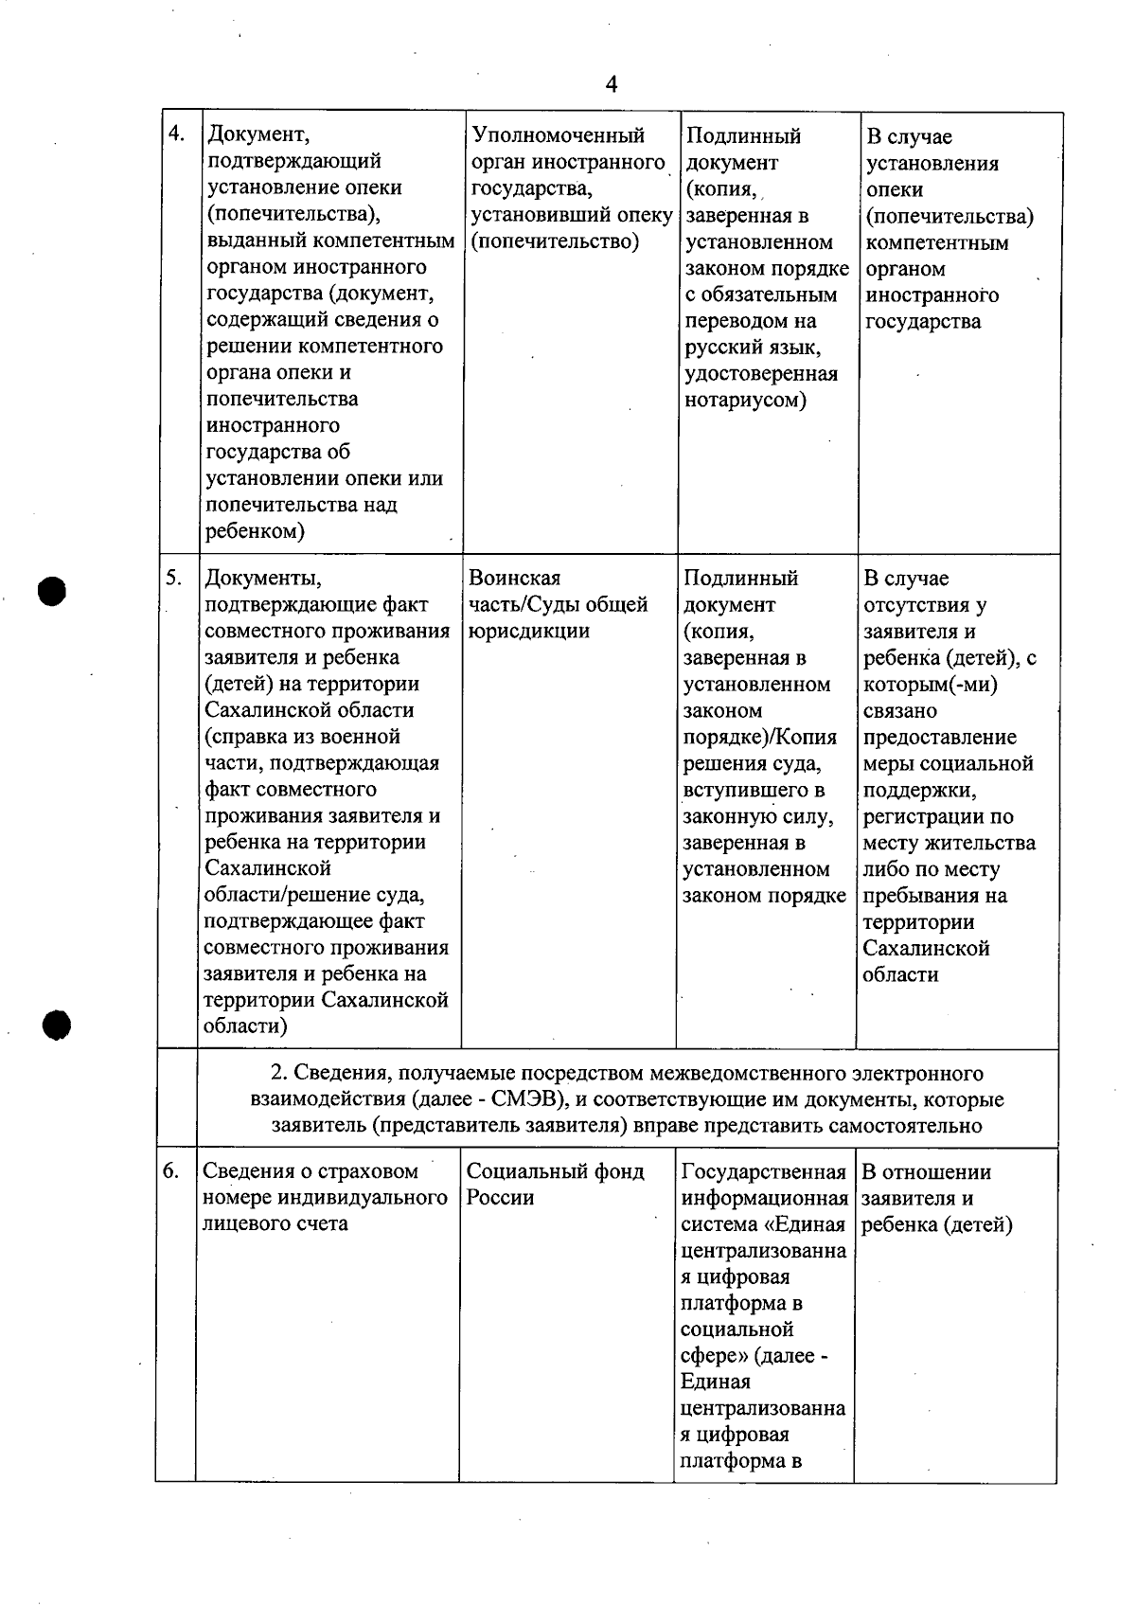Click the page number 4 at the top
[x=611, y=85]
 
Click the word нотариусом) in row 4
[x=745, y=400]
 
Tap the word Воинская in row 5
[x=514, y=578]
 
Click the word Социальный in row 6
[x=524, y=1171]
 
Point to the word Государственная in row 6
[x=763, y=1171]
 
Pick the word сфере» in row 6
[x=714, y=1355]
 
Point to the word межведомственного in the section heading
[x=750, y=1073]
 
